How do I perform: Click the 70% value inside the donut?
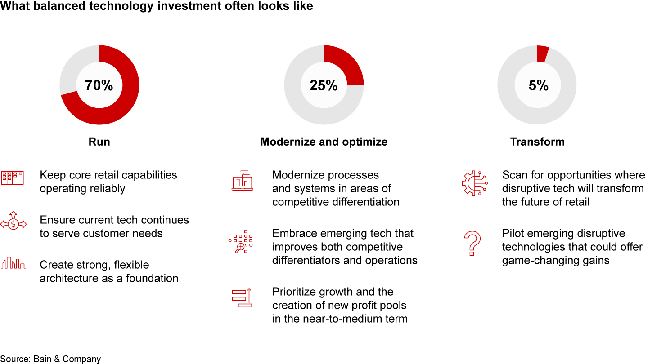[x=99, y=85]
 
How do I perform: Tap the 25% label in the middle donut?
[x=324, y=85]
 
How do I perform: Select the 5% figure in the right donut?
[x=538, y=85]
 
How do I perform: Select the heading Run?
[x=99, y=142]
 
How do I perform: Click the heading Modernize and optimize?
[x=324, y=142]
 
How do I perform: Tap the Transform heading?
[x=537, y=142]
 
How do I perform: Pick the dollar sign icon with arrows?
[x=14, y=222]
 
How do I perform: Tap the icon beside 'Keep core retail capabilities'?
[x=13, y=178]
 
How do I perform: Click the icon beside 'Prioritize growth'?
[x=241, y=298]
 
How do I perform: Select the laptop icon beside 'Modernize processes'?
[x=242, y=181]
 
